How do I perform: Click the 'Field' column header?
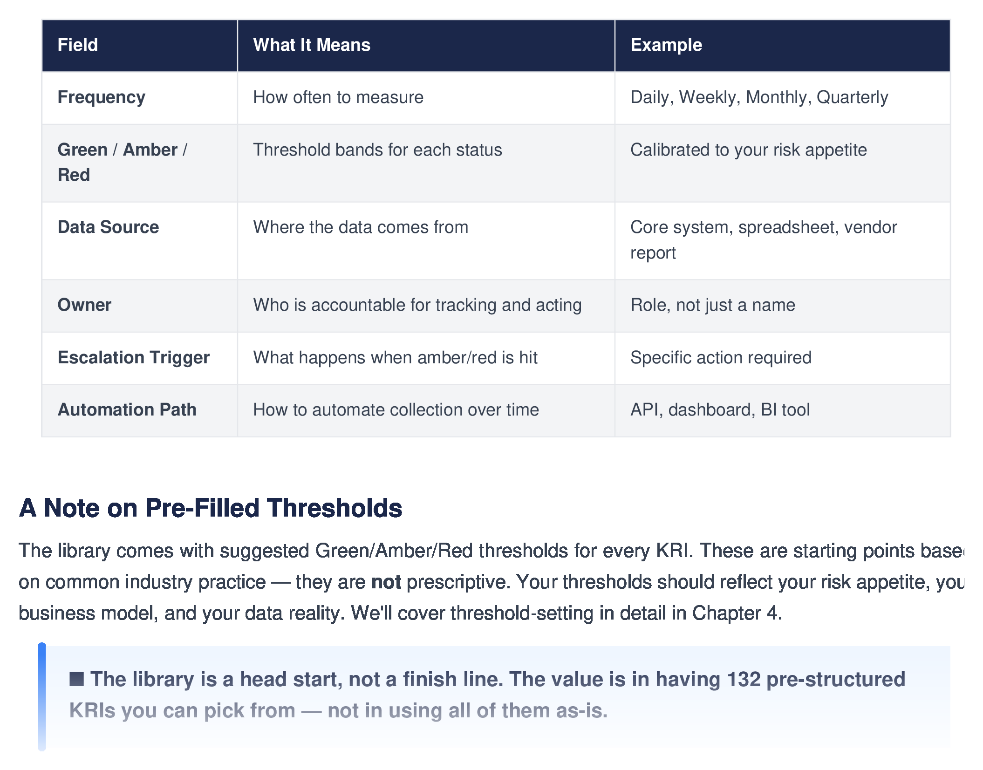(77, 45)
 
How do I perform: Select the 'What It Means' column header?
(311, 45)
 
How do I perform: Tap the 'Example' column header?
(666, 45)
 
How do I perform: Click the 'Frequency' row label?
(101, 97)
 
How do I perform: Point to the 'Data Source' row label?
(108, 227)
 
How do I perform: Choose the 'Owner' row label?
(84, 305)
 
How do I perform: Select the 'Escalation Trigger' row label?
(133, 358)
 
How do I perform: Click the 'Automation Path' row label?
(127, 410)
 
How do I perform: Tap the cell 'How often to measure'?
(338, 97)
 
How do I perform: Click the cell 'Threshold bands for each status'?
(377, 150)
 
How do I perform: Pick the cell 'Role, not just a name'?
(712, 305)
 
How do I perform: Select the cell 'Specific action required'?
(721, 358)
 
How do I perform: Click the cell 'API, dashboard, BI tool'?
(720, 410)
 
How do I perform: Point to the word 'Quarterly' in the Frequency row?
(852, 97)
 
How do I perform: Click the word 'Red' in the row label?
(74, 175)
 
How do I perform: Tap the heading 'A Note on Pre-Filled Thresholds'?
(210, 508)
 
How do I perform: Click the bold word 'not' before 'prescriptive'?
(386, 582)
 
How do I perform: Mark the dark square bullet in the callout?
(76, 679)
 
